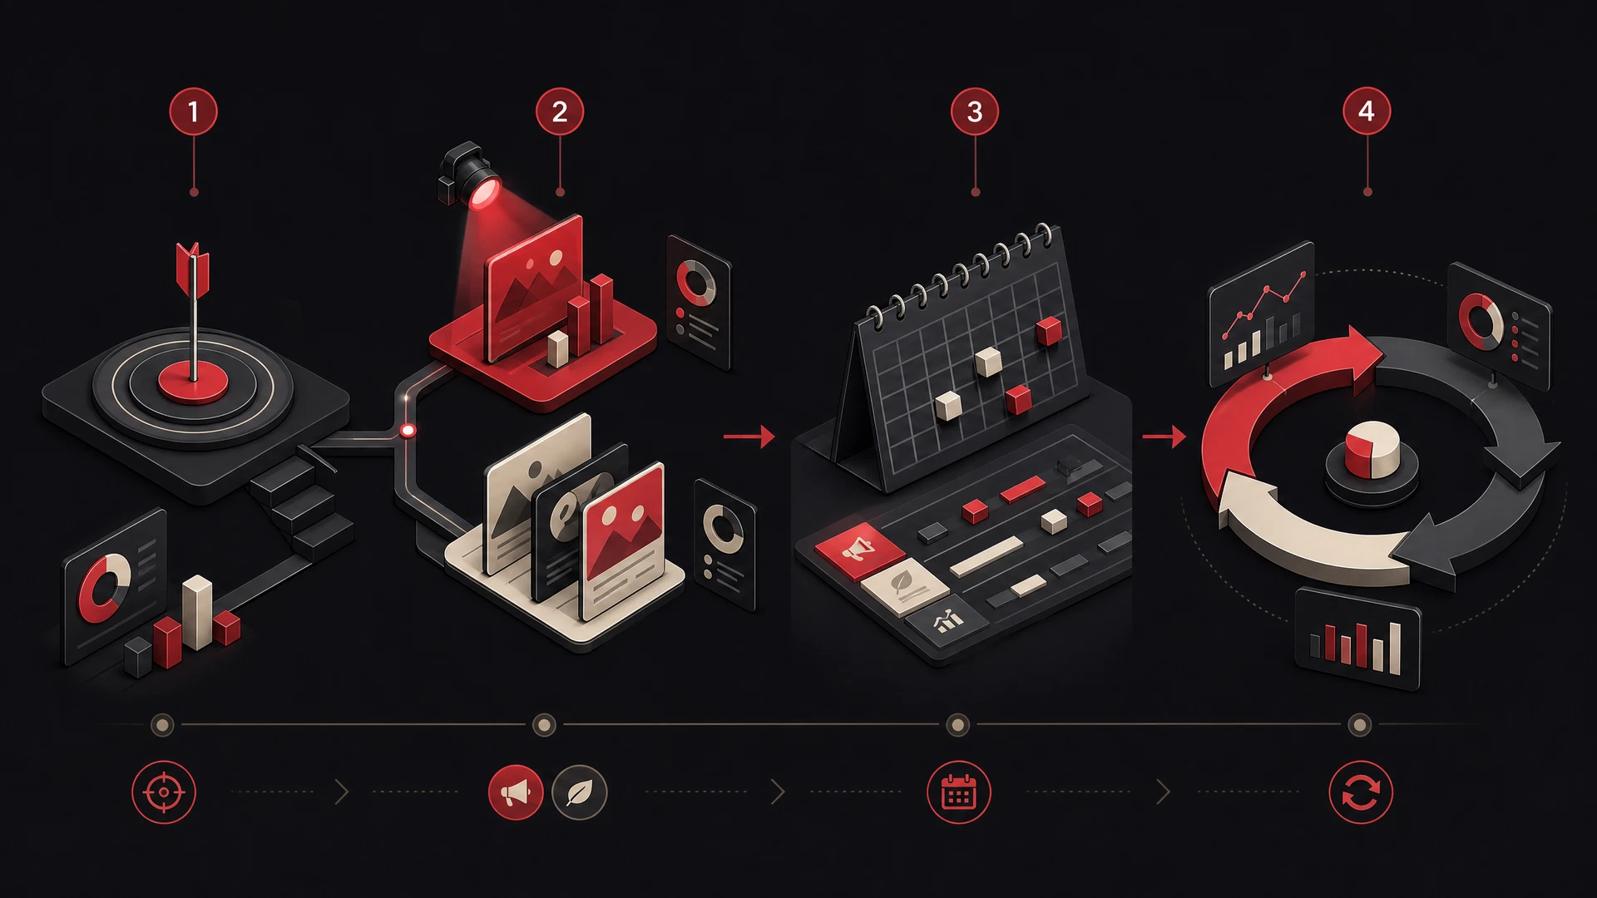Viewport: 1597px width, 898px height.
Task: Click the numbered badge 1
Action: point(194,111)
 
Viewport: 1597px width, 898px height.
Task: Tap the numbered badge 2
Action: point(560,111)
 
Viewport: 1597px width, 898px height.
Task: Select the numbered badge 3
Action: point(975,111)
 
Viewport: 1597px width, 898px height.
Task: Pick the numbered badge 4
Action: point(1367,111)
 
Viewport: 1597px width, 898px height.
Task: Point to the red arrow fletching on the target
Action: point(193,268)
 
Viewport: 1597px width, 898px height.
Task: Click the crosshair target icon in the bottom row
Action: point(164,792)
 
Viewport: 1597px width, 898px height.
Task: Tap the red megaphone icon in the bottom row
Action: point(516,792)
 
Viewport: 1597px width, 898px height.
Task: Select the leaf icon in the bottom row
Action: point(580,792)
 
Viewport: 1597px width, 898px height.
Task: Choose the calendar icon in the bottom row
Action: point(958,792)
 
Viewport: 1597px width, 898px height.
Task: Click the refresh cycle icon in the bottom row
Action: point(1361,792)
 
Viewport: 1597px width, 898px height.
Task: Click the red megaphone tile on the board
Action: point(859,550)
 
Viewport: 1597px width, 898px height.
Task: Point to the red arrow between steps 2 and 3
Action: point(749,436)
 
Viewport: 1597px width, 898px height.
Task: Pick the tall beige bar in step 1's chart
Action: point(197,612)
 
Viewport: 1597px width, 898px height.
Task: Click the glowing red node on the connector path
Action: point(408,431)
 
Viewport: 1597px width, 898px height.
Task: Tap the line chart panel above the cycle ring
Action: point(1262,313)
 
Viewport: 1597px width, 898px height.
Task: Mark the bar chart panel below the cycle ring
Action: point(1357,639)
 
